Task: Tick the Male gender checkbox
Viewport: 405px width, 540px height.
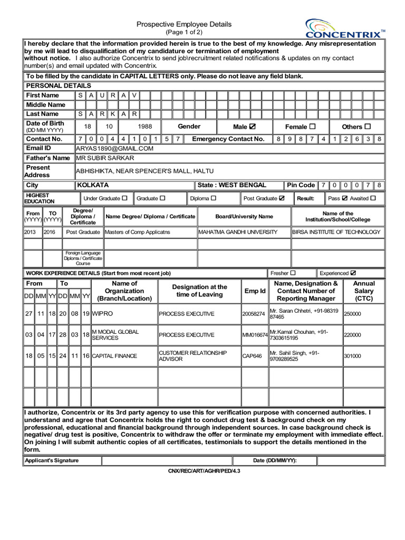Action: (252, 127)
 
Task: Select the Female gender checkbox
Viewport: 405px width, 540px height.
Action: (313, 127)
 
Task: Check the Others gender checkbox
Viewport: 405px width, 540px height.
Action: (368, 127)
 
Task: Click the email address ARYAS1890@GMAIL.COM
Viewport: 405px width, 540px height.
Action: (114, 149)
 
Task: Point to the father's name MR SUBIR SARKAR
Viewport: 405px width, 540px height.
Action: (105, 158)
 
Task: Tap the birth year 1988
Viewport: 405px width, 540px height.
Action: (145, 127)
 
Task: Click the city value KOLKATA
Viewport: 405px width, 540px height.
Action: (93, 186)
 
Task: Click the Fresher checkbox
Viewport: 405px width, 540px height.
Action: (293, 273)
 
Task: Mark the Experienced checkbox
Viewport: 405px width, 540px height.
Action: (353, 273)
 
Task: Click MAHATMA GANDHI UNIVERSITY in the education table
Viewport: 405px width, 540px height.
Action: (238, 232)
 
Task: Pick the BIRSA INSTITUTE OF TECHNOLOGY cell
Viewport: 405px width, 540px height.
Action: (336, 232)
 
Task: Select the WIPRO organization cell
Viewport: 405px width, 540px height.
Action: (102, 314)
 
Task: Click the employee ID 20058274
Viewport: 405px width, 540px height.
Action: (254, 314)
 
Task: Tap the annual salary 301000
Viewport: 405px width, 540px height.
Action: (353, 356)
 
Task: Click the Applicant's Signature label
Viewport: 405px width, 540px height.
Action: (52, 460)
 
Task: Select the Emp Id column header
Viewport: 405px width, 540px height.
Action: (255, 291)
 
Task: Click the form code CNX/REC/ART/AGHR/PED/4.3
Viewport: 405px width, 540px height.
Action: (204, 470)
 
